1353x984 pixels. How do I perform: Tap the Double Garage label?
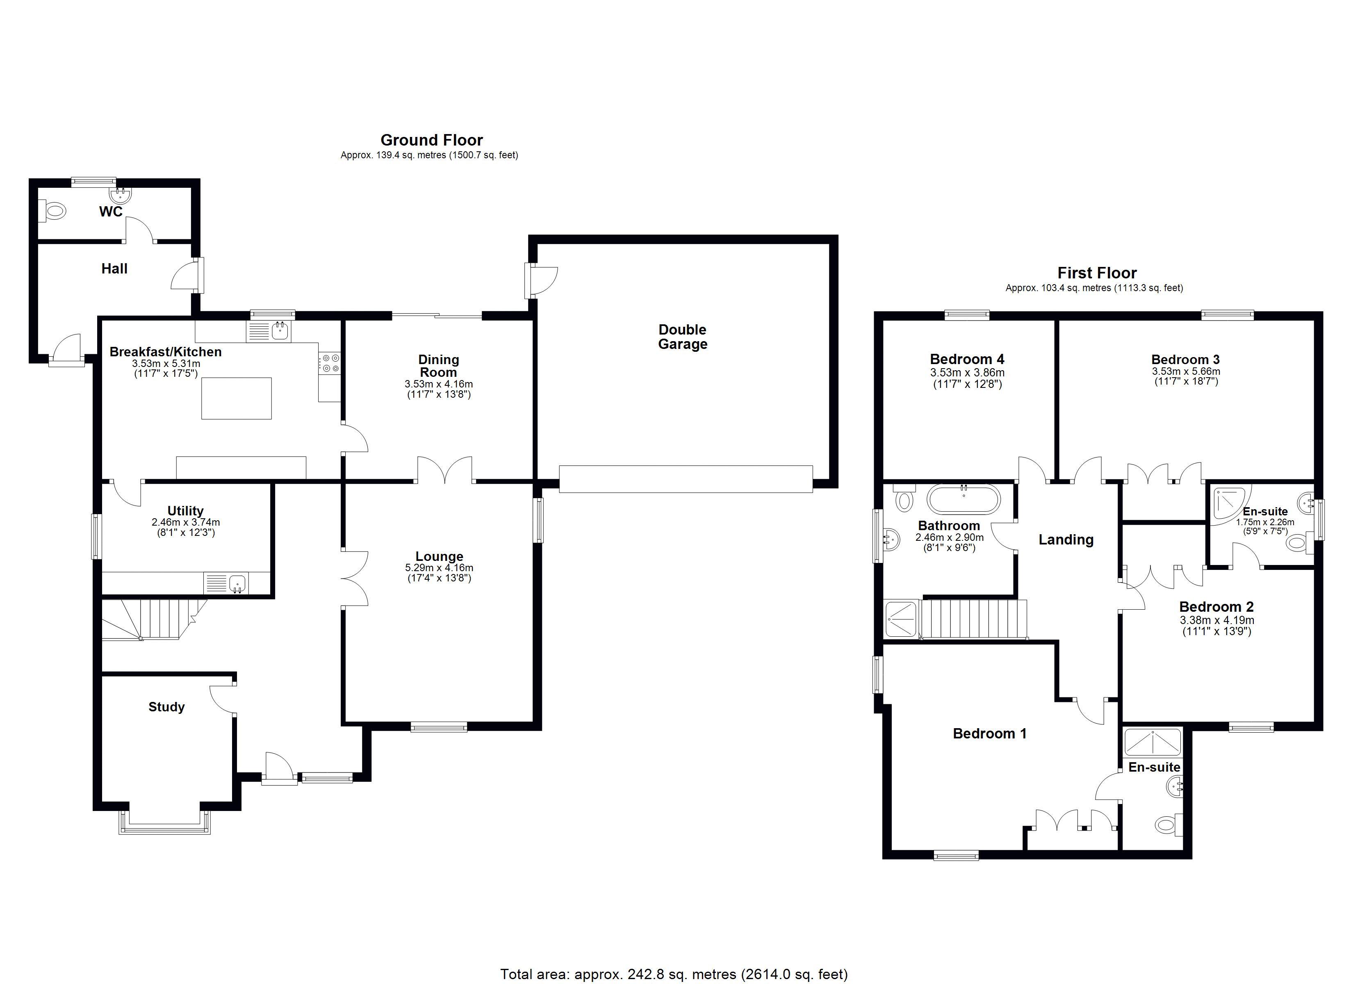(683, 337)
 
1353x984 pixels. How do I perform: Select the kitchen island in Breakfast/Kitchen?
(237, 399)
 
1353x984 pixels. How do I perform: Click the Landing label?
(1066, 540)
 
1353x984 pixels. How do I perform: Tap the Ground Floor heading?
(431, 140)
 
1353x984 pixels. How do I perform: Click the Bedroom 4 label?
(966, 359)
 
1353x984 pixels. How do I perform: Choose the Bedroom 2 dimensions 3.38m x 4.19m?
(1217, 620)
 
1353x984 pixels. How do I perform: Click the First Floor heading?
(1096, 273)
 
